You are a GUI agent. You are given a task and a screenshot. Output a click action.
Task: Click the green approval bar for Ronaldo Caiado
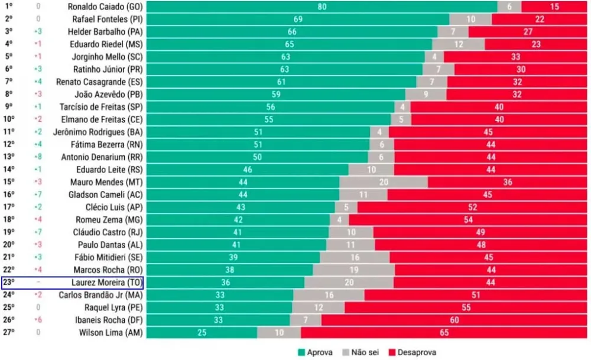click(x=322, y=7)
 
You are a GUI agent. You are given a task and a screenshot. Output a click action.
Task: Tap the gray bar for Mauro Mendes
click(x=384, y=182)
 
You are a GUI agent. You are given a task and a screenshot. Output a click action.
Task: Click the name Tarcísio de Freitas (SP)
click(x=101, y=107)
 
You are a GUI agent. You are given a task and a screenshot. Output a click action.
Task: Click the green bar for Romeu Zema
click(x=238, y=219)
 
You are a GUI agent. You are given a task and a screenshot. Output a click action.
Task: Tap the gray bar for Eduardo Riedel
click(x=458, y=44)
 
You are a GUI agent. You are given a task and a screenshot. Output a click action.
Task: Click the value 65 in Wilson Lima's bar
click(x=444, y=333)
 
